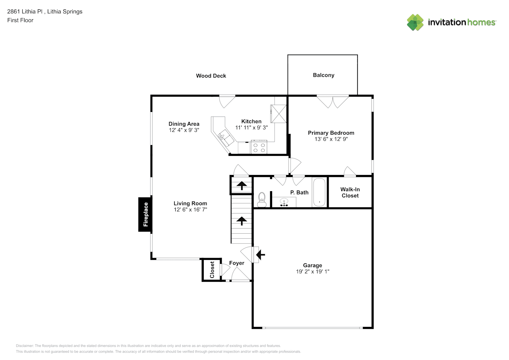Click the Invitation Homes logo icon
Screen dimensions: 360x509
[x=415, y=22]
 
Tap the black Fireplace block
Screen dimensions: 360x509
[x=145, y=214]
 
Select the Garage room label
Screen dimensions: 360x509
[x=312, y=265]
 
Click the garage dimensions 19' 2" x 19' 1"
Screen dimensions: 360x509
[x=312, y=272]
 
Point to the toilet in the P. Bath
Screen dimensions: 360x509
[x=262, y=199]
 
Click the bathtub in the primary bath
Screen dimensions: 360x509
[x=319, y=192]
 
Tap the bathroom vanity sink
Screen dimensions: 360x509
[x=284, y=203]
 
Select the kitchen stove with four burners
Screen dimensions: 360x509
[x=259, y=148]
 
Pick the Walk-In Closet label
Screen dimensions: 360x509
[x=350, y=193]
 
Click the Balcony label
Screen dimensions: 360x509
[x=323, y=75]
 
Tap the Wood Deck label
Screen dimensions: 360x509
[x=211, y=76]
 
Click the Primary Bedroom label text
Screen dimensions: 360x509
[x=331, y=133]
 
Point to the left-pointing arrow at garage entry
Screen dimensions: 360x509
[x=260, y=255]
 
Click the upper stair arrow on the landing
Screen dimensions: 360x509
[x=241, y=186]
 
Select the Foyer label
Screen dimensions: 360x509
[x=237, y=263]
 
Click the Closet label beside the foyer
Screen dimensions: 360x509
[x=212, y=270]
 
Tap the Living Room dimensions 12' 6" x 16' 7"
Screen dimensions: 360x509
[x=190, y=210]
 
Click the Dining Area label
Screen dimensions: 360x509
[x=184, y=124]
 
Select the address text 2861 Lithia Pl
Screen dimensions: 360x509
[x=25, y=12]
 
